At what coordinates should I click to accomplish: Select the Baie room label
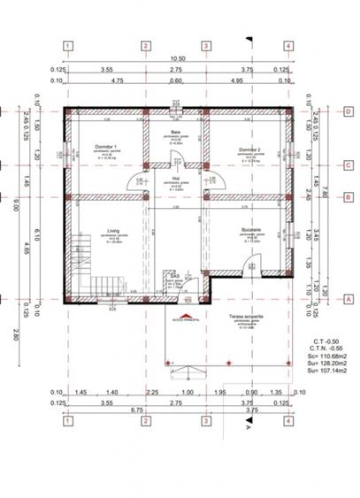coord(176,132)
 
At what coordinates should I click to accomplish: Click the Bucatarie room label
coord(249,231)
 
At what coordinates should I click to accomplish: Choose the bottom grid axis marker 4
coord(288,420)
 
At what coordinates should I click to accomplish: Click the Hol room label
coord(177,180)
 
